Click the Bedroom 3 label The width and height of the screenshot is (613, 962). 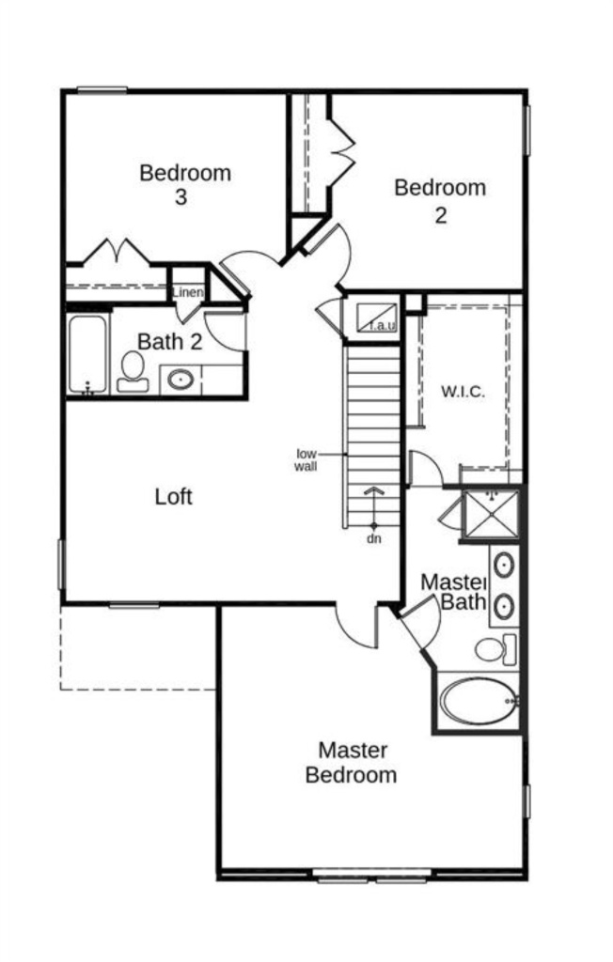[185, 184]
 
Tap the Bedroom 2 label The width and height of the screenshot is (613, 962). [440, 201]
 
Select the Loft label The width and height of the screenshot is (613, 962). [173, 496]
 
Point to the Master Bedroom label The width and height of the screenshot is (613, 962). [351, 762]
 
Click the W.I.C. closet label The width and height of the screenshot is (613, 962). [464, 392]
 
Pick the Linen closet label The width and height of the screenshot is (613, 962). [187, 292]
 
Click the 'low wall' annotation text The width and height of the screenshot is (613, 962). [306, 460]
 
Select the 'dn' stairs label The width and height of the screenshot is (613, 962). [373, 538]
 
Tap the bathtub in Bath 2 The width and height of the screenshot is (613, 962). [87, 354]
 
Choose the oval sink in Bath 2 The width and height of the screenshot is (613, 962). [180, 380]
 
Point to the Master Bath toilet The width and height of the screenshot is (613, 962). [495, 650]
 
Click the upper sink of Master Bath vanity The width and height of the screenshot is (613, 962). [504, 565]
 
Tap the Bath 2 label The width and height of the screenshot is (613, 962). [169, 342]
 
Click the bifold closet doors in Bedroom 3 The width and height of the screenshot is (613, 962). [116, 252]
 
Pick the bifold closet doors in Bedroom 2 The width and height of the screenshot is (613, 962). [342, 151]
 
